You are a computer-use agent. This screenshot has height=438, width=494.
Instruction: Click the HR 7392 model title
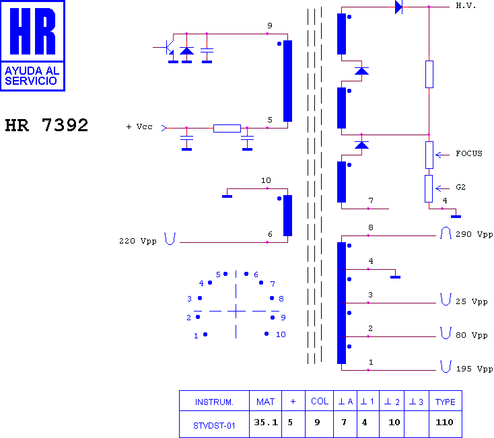(46, 125)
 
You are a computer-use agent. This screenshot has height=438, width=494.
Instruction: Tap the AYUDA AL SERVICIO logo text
(32, 76)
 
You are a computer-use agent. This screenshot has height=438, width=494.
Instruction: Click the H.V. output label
(466, 5)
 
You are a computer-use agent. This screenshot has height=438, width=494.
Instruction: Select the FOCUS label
(469, 153)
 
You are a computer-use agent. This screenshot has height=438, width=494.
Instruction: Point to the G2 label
(460, 187)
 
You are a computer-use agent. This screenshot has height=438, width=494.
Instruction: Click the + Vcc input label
(139, 126)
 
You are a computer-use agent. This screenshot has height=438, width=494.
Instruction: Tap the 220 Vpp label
(138, 241)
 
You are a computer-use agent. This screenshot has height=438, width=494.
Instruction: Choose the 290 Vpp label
(474, 234)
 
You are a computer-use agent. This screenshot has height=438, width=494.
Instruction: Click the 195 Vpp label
(474, 369)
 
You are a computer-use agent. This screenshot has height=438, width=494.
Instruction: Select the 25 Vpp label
(472, 301)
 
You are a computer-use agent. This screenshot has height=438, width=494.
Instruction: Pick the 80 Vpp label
(472, 335)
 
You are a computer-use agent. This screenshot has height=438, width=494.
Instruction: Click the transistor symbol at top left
(168, 47)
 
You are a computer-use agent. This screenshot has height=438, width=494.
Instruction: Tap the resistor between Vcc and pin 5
(227, 128)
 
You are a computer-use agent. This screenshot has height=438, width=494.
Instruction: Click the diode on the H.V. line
(399, 7)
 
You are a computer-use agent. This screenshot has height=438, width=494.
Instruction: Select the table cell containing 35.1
(266, 423)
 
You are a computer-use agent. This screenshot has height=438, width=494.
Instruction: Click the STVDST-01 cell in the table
(214, 425)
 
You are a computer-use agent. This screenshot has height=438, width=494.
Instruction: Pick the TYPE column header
(446, 402)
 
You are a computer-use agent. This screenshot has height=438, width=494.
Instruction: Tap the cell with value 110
(444, 423)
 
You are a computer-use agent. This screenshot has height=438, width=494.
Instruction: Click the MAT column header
(266, 402)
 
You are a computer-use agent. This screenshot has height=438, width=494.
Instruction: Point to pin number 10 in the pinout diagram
(281, 334)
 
